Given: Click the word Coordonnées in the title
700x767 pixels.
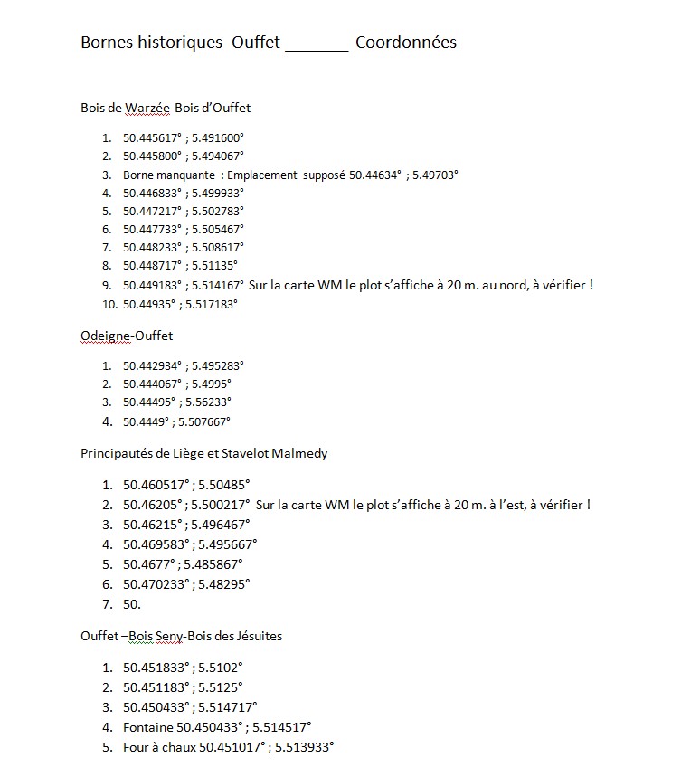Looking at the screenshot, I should pyautogui.click(x=405, y=43).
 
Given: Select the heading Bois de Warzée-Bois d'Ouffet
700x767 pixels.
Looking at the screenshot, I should pyautogui.click(x=166, y=108).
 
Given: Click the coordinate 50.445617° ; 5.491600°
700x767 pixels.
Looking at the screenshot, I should pyautogui.click(x=184, y=138).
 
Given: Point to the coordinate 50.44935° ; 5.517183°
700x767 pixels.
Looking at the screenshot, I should pyautogui.click(x=180, y=305).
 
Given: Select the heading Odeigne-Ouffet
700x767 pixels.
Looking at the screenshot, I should pyautogui.click(x=127, y=336).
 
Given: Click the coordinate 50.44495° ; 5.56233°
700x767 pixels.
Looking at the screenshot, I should pyautogui.click(x=177, y=402).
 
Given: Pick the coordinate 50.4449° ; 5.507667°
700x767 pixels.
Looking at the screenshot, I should pyautogui.click(x=176, y=421).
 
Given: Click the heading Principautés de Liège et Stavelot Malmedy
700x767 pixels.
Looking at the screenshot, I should pyautogui.click(x=203, y=453).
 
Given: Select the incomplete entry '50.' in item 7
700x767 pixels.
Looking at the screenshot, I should pyautogui.click(x=132, y=604).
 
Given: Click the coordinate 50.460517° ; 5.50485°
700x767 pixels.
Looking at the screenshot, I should pyautogui.click(x=186, y=485).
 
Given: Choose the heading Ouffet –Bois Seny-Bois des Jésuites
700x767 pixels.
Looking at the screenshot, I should pyautogui.click(x=181, y=636).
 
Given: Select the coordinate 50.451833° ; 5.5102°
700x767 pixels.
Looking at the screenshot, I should pyautogui.click(x=183, y=668).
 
